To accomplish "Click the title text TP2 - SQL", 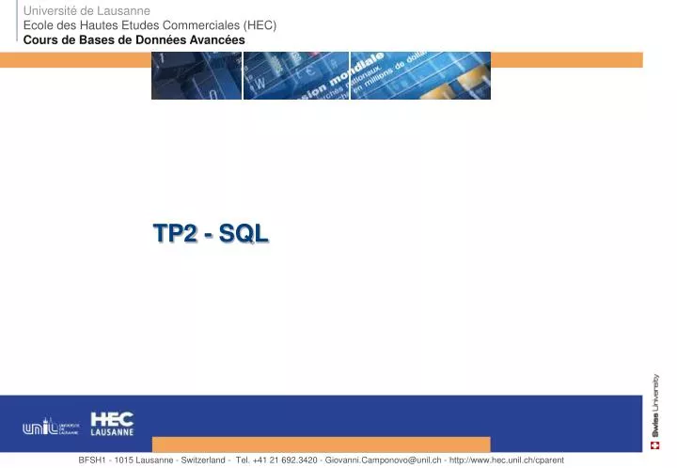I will coord(211,234).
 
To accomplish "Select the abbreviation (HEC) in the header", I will coord(259,25).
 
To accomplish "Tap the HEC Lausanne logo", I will coord(112,424).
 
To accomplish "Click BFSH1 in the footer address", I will coord(93,460).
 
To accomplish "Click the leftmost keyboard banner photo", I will coord(196,75).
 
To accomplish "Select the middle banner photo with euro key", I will coord(295,75).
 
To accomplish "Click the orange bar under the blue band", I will coord(321,445).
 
